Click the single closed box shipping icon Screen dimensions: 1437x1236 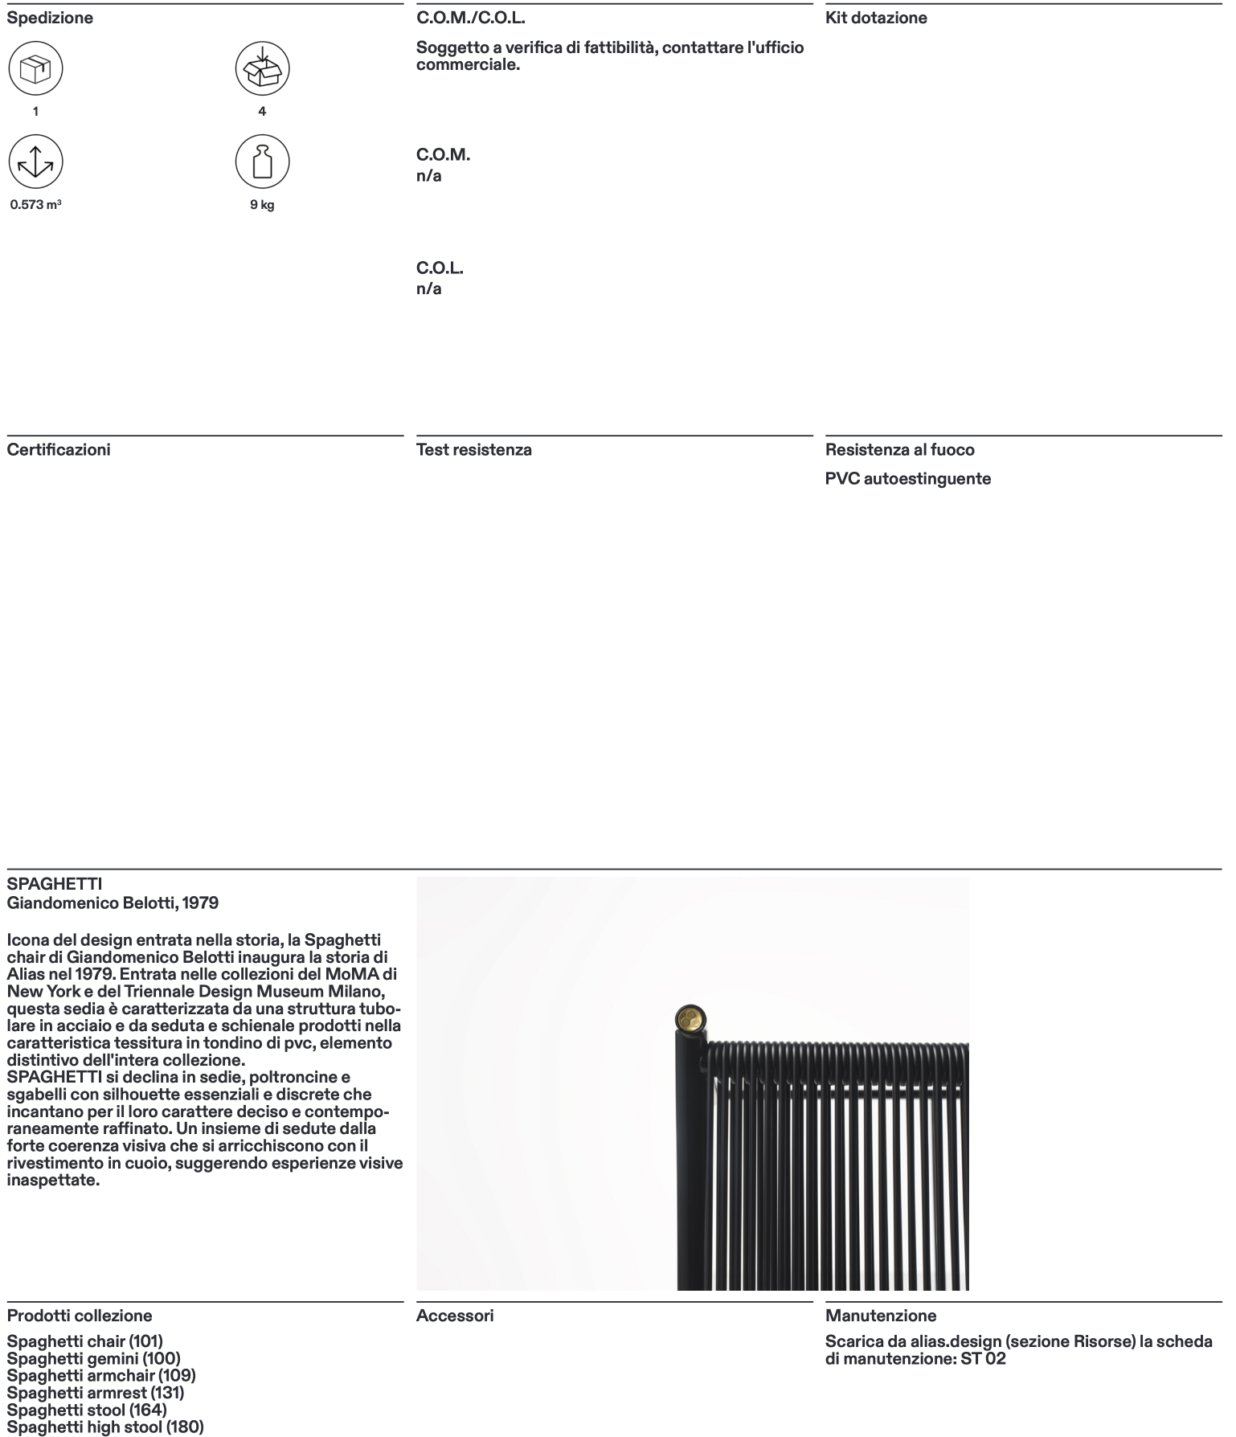point(35,69)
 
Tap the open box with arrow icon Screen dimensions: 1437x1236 point(262,69)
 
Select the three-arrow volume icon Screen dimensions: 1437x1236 point(35,162)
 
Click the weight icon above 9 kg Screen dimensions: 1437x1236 point(262,162)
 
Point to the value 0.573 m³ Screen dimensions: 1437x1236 point(35,205)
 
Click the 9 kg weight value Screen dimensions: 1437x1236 point(262,205)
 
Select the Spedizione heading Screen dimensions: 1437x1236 point(50,18)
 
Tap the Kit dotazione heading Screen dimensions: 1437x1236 point(876,18)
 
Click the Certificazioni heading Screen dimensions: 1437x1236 point(59,449)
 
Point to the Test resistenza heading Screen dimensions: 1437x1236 point(474,449)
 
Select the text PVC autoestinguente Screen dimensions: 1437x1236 point(908,479)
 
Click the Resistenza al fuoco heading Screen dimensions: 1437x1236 point(900,449)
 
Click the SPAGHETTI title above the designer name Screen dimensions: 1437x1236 point(55,885)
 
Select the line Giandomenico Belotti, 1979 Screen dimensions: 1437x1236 point(113,903)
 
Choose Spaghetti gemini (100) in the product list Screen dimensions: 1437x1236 point(93,1359)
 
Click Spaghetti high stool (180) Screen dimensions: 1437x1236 point(105,1427)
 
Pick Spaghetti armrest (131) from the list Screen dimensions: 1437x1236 point(96,1393)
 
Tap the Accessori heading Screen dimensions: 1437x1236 point(455,1316)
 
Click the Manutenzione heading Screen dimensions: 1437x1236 point(881,1316)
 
